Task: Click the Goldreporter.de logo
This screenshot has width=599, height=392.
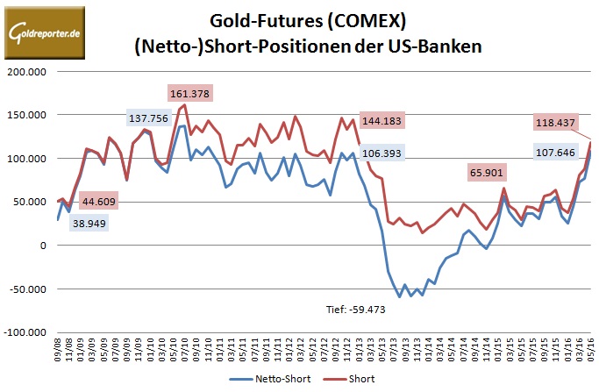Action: coord(44,32)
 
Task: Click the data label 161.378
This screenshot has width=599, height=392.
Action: coord(189,93)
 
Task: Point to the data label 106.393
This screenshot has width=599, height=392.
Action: coord(383,154)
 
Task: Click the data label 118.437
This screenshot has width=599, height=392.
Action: coord(558,123)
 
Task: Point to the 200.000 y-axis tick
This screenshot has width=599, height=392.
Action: coord(28,71)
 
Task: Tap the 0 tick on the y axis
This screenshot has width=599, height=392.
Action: coord(42,246)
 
